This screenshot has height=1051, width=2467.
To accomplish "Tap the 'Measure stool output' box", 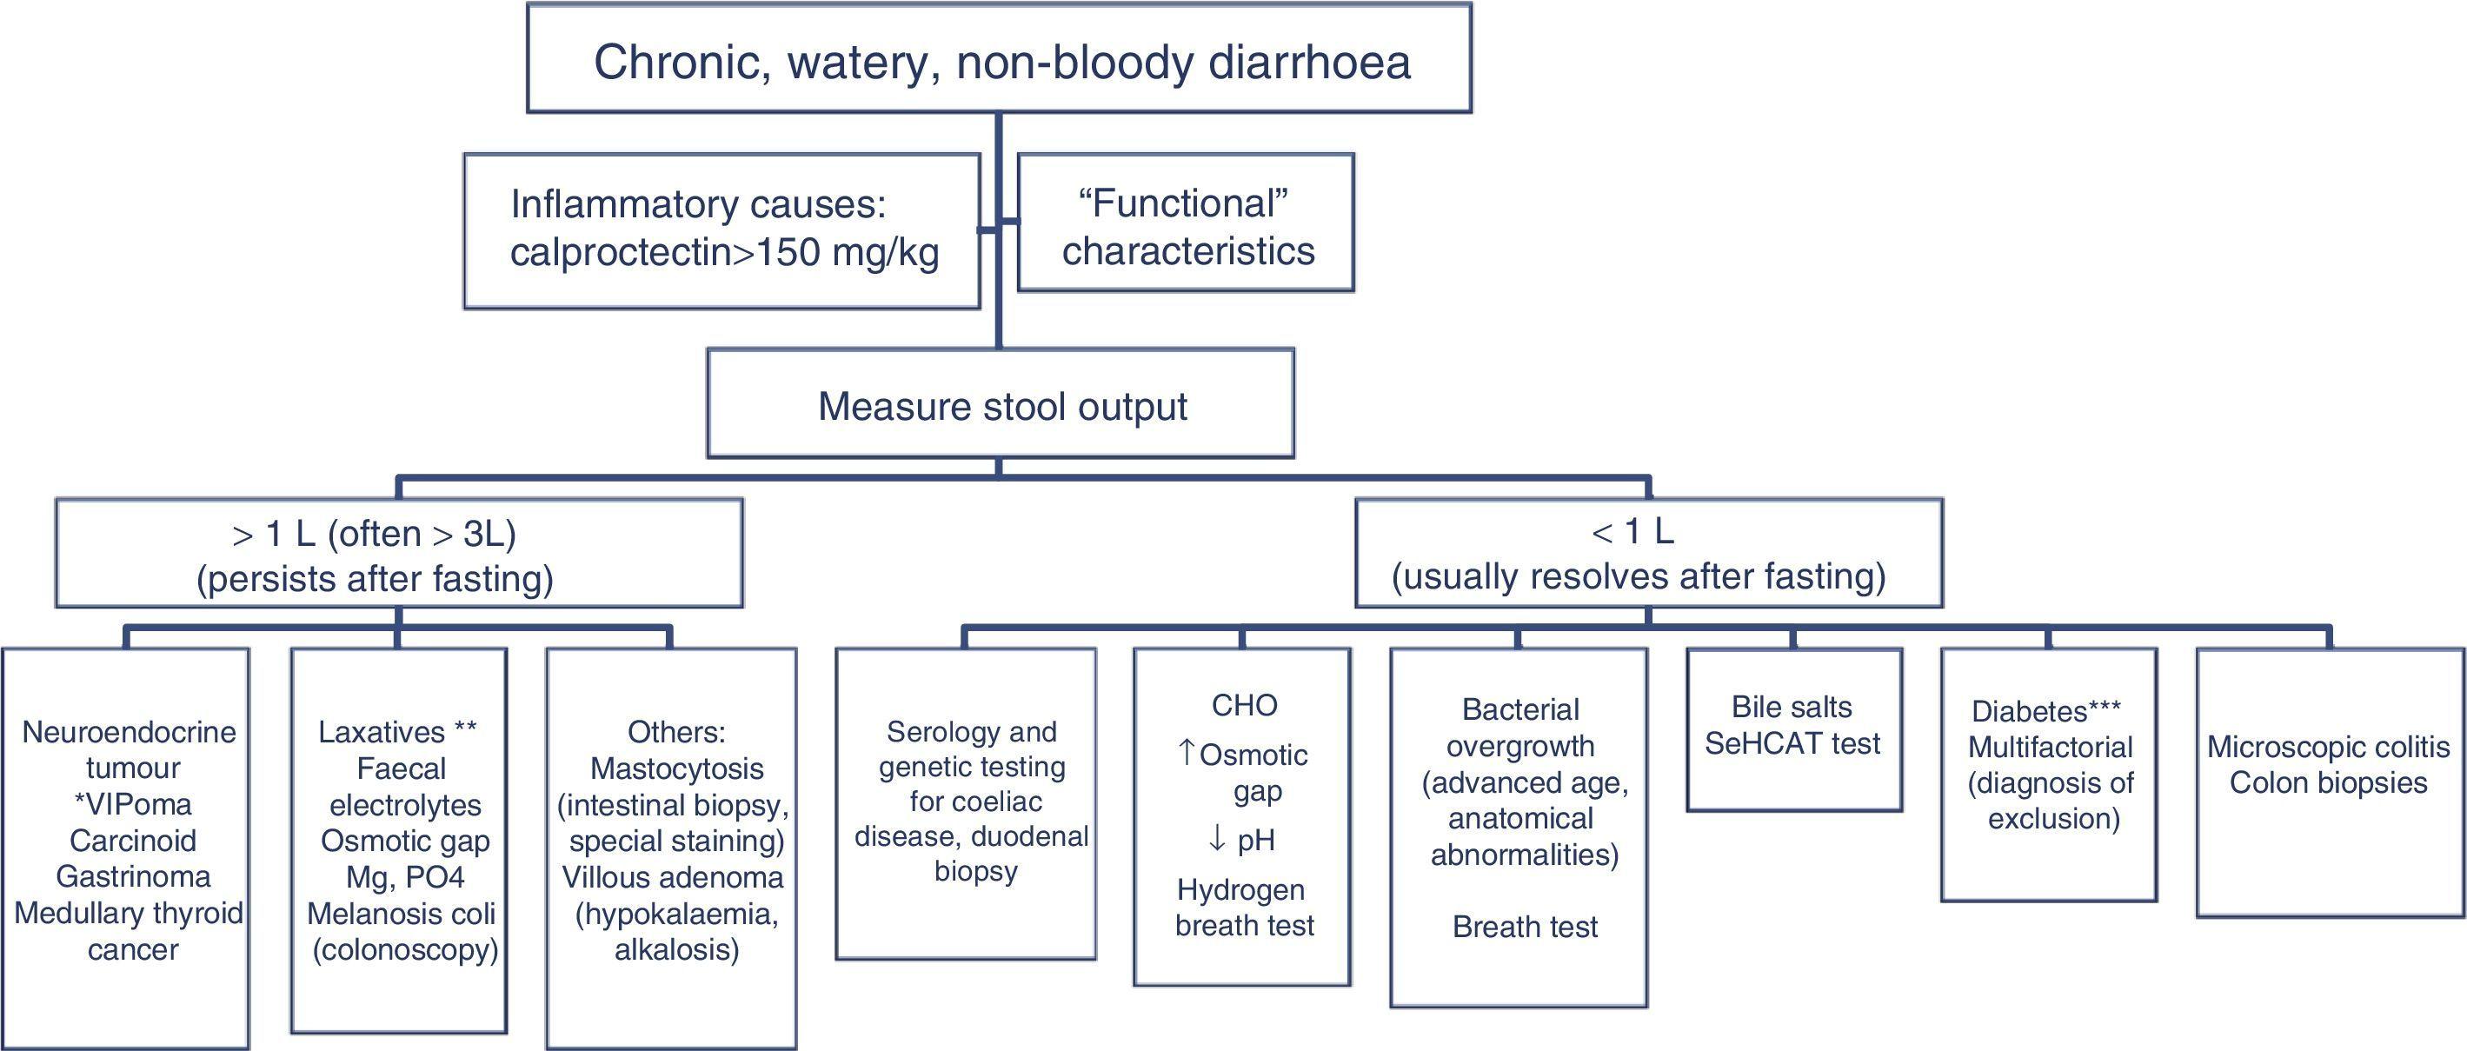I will click(1001, 406).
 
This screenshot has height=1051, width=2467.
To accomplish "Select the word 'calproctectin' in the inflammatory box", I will click(619, 252).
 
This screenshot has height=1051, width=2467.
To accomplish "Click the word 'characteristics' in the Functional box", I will click(1187, 251).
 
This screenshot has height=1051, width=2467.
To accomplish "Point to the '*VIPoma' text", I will click(132, 804).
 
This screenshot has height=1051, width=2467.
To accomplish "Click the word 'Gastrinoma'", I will click(132, 876).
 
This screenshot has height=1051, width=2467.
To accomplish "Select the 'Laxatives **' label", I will click(396, 732).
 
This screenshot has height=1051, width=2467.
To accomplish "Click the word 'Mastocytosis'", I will click(676, 768).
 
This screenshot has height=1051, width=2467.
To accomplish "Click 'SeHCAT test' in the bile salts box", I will click(1792, 743).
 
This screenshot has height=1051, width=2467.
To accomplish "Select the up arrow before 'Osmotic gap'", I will click(1187, 753).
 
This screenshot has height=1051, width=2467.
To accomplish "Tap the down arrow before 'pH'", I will click(1216, 839).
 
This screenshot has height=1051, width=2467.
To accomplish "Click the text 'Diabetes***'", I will click(2045, 711).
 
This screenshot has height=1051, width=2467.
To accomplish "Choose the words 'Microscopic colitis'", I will click(2327, 747).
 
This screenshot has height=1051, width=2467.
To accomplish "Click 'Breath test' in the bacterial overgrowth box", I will click(1524, 927).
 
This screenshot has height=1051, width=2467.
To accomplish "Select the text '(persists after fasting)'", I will click(375, 579).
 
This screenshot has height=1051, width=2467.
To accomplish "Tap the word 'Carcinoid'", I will click(132, 841).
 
